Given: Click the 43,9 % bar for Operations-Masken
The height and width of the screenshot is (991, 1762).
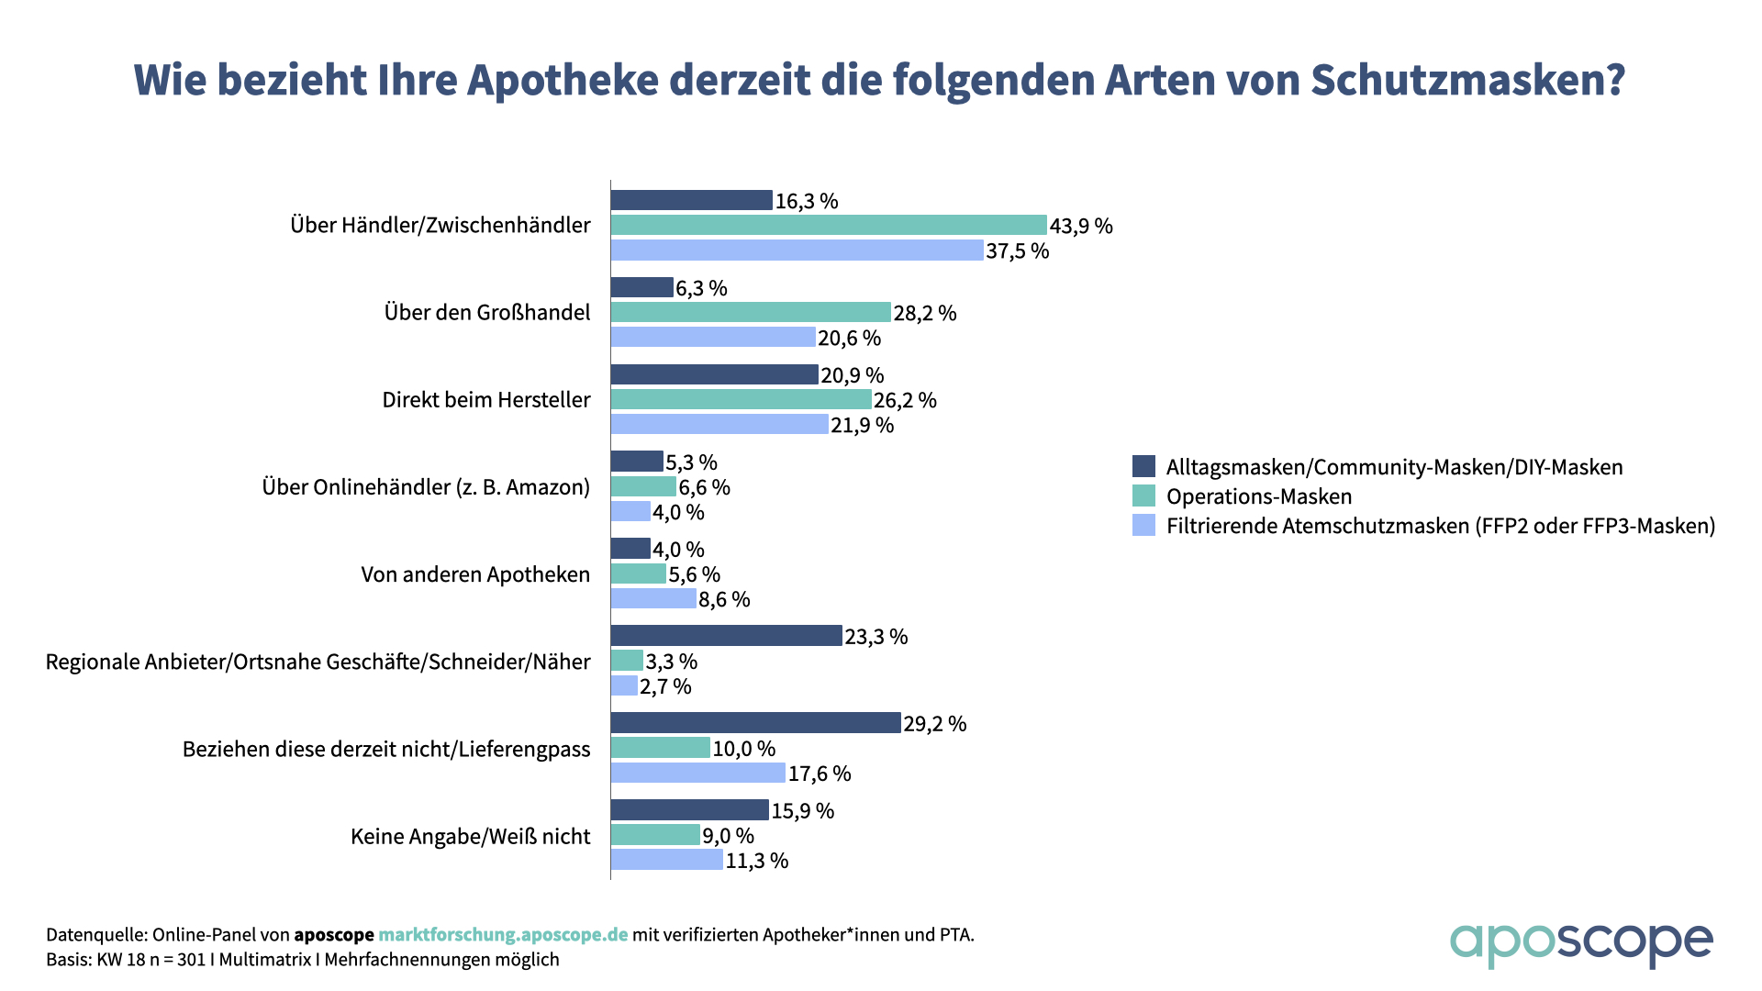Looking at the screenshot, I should click(829, 225).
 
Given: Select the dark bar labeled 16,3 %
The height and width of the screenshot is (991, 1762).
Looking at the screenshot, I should click(691, 200).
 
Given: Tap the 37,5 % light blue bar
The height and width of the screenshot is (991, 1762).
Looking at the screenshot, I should click(797, 250).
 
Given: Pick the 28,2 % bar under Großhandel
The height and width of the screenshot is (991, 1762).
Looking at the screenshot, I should click(751, 312).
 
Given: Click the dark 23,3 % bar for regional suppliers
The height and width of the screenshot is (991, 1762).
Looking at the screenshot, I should click(726, 636).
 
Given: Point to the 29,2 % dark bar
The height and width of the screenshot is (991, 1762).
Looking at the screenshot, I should click(755, 723).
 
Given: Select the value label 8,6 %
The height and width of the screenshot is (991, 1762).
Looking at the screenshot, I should click(724, 599).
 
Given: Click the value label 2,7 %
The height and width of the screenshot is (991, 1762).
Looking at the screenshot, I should click(665, 686).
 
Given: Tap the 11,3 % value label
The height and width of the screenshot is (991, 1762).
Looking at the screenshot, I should click(756, 861).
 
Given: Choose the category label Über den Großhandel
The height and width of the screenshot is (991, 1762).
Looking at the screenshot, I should click(487, 312).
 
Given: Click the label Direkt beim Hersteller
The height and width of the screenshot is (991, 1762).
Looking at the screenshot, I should click(486, 399).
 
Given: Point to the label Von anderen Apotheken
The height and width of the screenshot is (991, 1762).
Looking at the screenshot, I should click(475, 574).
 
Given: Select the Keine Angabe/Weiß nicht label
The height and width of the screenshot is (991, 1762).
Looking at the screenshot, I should click(470, 836).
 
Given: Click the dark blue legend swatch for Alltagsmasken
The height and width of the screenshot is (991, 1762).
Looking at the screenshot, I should click(1143, 466).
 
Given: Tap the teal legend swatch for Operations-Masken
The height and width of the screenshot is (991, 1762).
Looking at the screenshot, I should click(1143, 495).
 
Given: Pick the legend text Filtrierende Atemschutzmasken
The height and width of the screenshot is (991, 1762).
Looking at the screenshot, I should click(1440, 526).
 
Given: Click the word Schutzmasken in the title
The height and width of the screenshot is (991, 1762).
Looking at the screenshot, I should click(1467, 80).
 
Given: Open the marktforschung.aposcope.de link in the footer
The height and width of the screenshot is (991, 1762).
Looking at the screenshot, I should click(503, 935).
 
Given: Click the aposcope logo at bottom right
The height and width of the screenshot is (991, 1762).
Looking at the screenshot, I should click(1580, 943).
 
